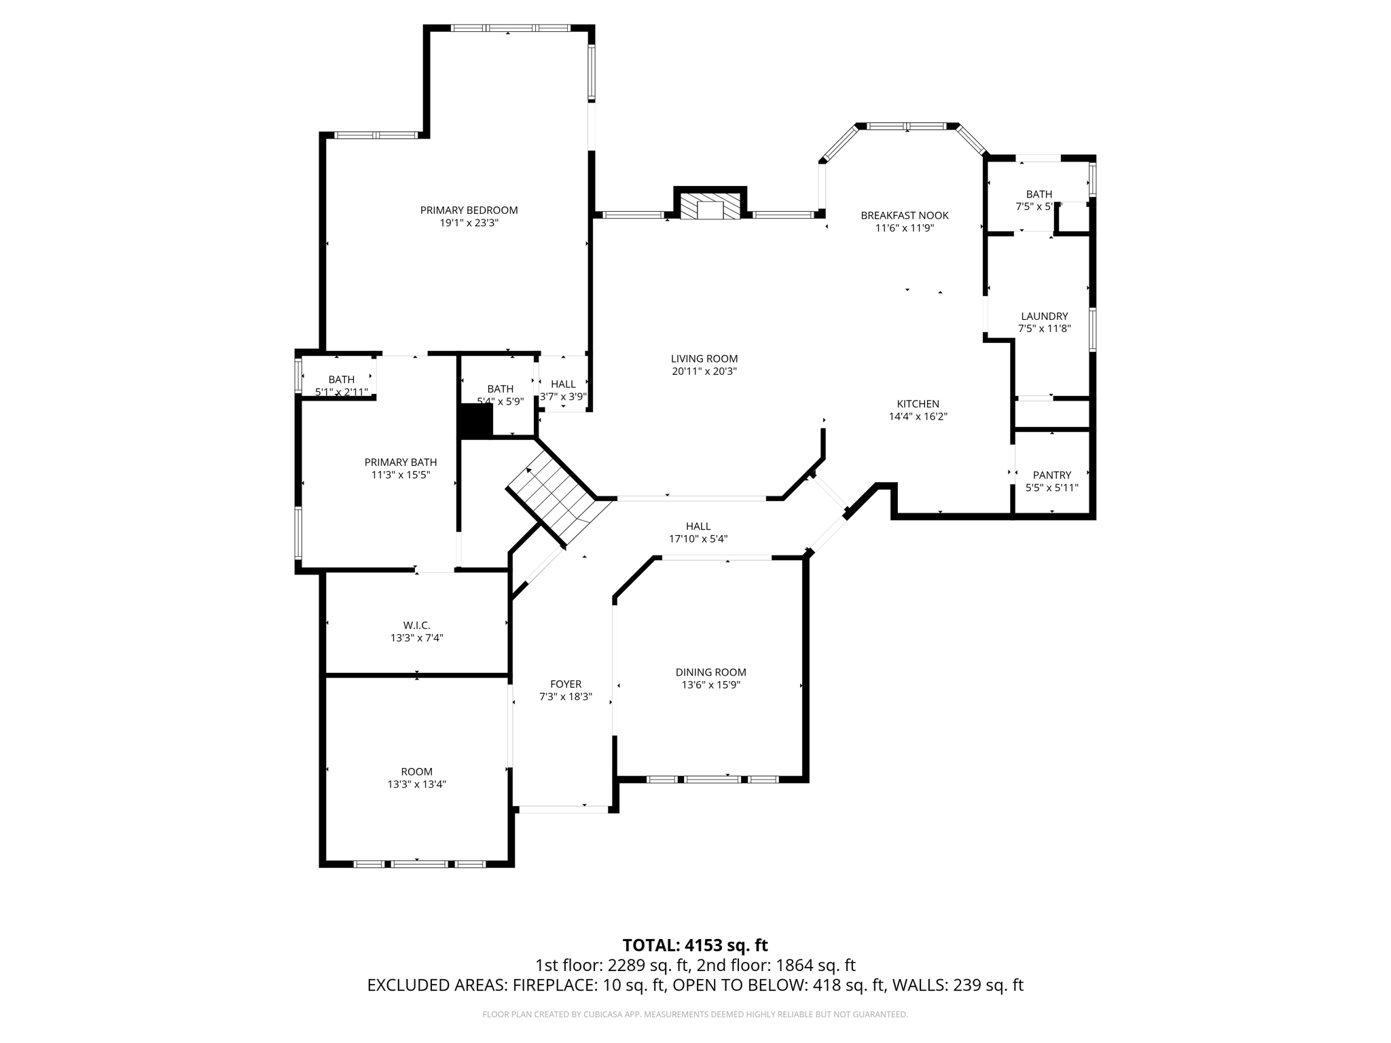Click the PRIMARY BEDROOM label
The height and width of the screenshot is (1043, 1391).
[469, 211]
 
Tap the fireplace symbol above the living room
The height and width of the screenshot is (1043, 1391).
[710, 206]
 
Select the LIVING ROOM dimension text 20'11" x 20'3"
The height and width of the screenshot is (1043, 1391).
[704, 371]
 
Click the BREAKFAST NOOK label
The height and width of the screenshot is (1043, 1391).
[904, 215]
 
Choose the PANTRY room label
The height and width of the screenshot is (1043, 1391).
[1051, 475]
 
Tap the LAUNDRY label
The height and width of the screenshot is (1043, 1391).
[1044, 316]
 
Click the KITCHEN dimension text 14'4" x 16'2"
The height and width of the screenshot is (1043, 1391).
[918, 417]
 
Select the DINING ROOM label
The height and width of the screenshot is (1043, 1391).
[710, 672]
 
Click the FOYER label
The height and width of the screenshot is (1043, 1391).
[565, 684]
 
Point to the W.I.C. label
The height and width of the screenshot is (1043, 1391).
[416, 625]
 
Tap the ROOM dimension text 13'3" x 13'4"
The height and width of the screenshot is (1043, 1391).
[416, 784]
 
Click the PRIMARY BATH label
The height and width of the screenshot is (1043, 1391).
[400, 462]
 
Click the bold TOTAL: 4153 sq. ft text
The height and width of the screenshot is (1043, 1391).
[695, 945]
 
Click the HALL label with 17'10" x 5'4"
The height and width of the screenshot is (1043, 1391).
[698, 526]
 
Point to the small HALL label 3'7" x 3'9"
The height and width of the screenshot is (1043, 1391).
[563, 384]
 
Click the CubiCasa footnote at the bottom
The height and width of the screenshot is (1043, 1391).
[695, 1014]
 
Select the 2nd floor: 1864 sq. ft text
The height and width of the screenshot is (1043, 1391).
[776, 966]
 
